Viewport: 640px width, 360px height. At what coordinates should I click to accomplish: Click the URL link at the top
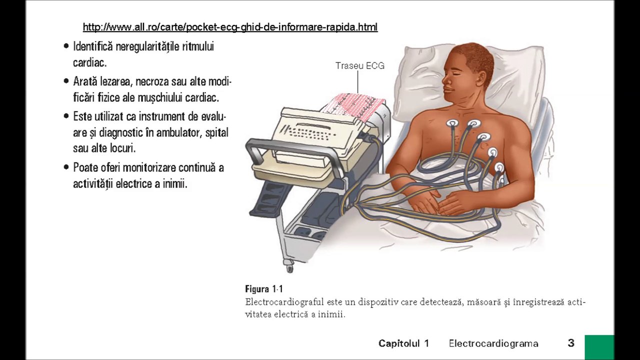point(230,27)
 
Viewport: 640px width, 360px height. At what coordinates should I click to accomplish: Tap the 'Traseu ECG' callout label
point(359,66)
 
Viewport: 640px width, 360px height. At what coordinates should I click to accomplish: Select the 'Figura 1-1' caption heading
point(264,289)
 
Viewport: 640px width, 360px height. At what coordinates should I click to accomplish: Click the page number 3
point(571,343)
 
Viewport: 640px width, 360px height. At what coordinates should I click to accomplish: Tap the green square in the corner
point(599,347)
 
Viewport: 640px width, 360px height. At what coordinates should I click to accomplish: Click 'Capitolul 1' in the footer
point(403,343)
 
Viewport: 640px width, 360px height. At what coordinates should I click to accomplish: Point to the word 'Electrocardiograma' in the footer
point(493,343)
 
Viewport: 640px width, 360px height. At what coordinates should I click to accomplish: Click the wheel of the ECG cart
point(289,268)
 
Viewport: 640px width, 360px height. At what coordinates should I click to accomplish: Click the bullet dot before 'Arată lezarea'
point(66,81)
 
